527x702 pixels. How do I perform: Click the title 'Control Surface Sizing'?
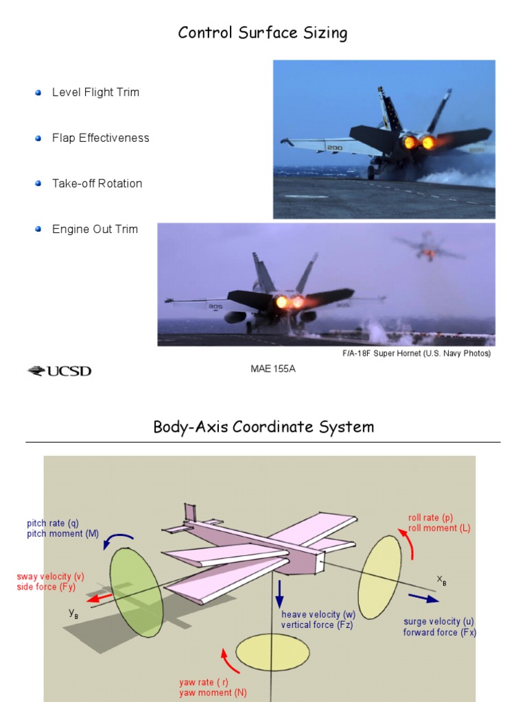coord(263,33)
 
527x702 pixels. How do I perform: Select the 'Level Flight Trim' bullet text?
coord(95,92)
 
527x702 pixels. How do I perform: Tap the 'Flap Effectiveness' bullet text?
coord(100,138)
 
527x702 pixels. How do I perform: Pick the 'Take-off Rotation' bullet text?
coord(97,183)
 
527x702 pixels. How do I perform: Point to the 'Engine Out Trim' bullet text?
coord(95,229)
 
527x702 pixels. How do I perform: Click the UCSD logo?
coord(59,372)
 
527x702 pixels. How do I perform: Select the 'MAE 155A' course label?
coord(272,370)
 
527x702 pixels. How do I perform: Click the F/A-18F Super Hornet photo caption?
coord(417,354)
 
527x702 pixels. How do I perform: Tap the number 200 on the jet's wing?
coord(335,147)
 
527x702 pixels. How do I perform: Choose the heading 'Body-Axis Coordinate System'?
coord(263,427)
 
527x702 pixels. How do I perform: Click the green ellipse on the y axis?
coord(137,592)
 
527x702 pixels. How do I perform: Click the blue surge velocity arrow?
coord(423,598)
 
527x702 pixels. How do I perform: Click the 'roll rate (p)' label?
coord(430,518)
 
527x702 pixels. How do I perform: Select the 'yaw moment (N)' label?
coord(213,692)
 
